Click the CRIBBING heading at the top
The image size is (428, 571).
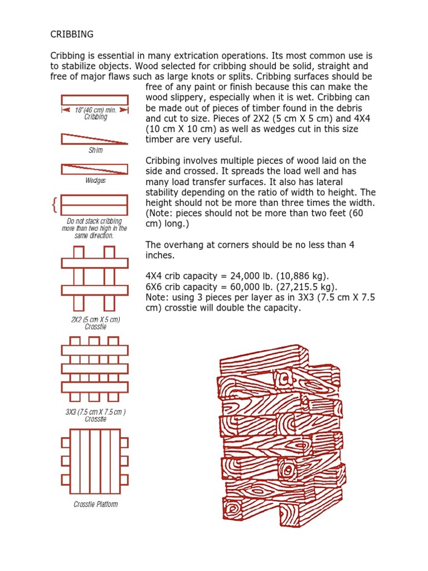[72, 35]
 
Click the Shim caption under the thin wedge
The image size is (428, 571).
[95, 150]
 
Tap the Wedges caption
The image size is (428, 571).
[95, 181]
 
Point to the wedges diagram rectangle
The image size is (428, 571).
[94, 168]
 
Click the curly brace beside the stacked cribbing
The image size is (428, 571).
[54, 205]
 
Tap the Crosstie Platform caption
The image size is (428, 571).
[95, 505]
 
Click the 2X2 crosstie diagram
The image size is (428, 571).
[94, 278]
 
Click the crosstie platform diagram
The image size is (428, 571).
[94, 462]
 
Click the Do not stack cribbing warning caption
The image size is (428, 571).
[94, 229]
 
